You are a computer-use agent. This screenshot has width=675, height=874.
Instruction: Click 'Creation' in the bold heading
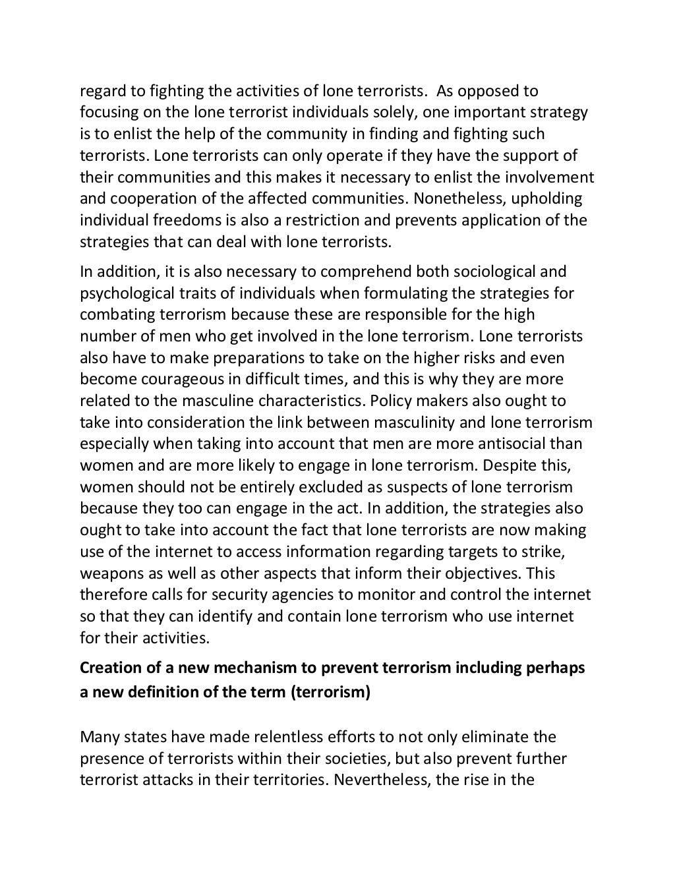(110, 668)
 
